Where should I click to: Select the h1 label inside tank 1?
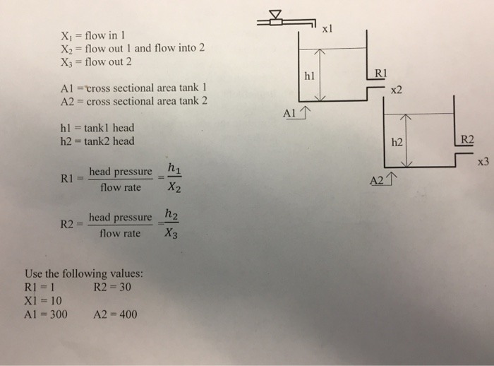(x=308, y=74)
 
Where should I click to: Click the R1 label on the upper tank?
(x=378, y=72)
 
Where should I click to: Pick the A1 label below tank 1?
(x=290, y=112)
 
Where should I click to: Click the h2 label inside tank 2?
(x=396, y=142)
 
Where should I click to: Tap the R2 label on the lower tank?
(x=468, y=138)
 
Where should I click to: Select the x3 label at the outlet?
(x=483, y=163)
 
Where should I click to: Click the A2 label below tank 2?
(x=378, y=182)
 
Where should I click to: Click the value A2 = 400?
(x=116, y=314)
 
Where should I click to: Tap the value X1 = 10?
(x=43, y=301)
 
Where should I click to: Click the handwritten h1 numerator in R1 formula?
(x=174, y=168)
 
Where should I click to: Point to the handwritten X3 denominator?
(x=171, y=237)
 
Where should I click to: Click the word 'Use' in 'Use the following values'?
(x=34, y=274)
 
